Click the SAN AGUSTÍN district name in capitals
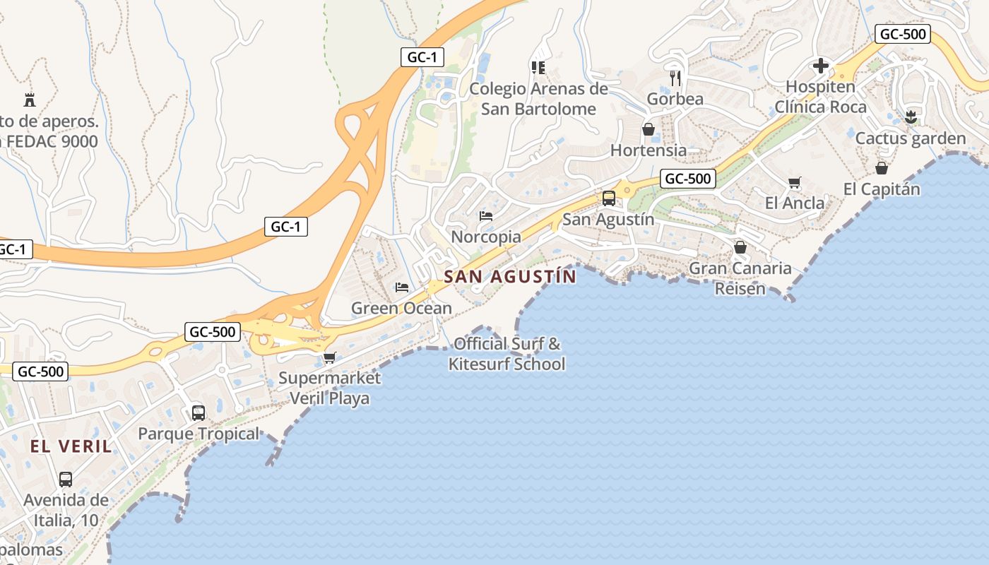[x=510, y=277]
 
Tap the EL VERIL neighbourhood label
[x=71, y=446]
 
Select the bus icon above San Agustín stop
[x=608, y=198]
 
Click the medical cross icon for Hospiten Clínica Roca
[x=820, y=66]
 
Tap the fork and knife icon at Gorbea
[x=675, y=78]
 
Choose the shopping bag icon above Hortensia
[x=648, y=129]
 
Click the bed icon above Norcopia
[x=485, y=215]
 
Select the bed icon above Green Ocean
[x=401, y=287]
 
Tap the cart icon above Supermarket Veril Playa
[x=329, y=357]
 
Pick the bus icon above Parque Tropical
[x=199, y=412]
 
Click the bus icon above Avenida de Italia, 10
[x=66, y=479]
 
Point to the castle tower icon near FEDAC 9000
[x=30, y=100]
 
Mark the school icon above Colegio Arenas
[x=538, y=68]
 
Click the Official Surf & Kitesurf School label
[x=507, y=354]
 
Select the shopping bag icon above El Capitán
[x=881, y=168]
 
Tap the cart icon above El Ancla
[x=794, y=183]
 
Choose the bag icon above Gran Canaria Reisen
[x=740, y=247]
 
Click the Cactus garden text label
[x=910, y=138]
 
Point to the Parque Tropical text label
[x=199, y=434]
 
